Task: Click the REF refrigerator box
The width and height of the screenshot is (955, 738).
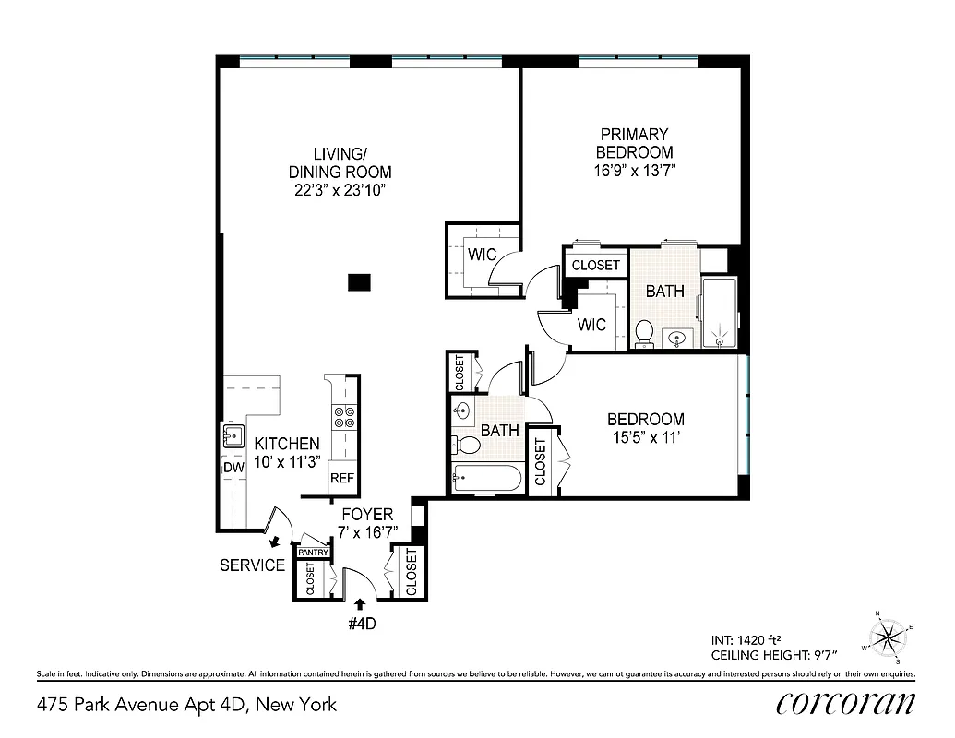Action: tap(342, 479)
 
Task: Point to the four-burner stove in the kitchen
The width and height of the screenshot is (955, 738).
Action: tap(344, 418)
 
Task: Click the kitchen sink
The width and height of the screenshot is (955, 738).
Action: tap(232, 435)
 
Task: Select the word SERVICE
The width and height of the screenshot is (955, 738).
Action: tap(252, 565)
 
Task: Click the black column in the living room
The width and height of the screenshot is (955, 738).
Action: tap(359, 282)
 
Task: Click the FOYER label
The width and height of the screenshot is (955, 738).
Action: tap(367, 514)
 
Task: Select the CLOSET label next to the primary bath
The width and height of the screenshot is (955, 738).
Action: tap(595, 266)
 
